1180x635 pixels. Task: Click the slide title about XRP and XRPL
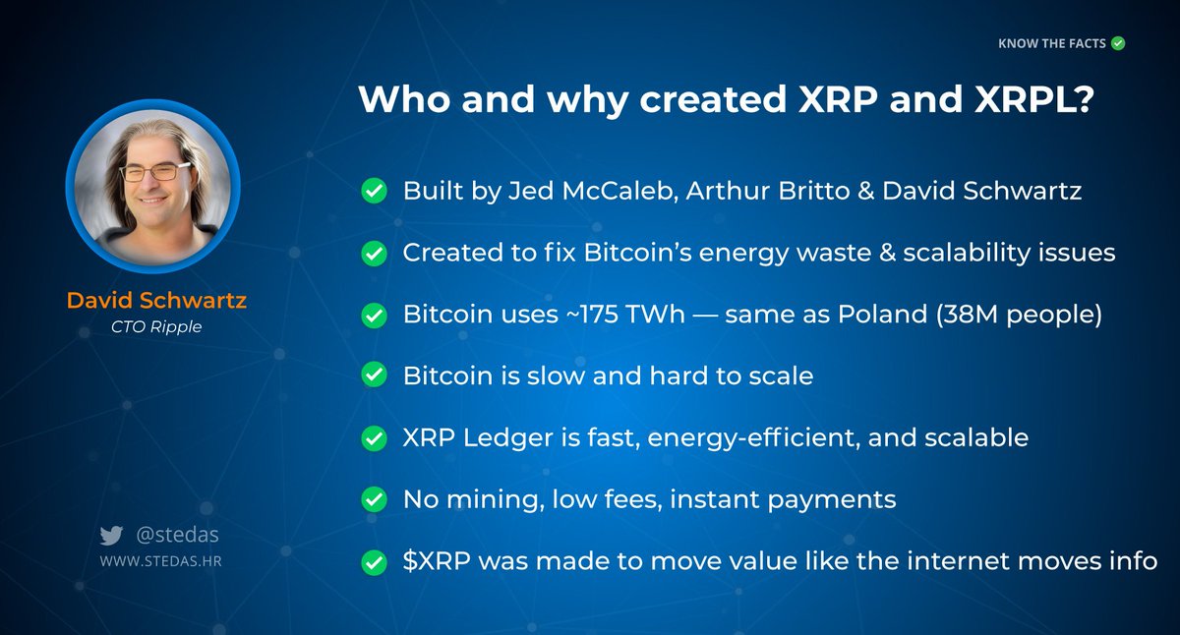724,100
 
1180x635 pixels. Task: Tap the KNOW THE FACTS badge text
1051,43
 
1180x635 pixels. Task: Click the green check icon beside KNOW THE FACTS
1117,43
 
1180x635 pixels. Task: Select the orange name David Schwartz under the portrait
156,300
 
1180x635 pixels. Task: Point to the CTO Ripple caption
156,326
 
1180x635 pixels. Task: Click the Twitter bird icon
110,536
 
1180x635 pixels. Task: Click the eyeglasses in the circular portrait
154,172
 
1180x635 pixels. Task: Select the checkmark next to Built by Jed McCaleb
374,192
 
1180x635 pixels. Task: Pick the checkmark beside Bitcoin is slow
374,376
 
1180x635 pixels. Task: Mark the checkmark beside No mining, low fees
374,500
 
